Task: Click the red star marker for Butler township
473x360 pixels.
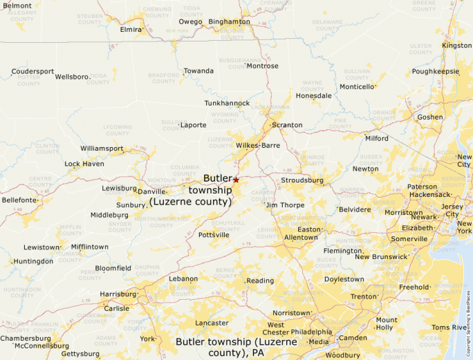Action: pyautogui.click(x=236, y=180)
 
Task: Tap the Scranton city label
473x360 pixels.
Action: pyautogui.click(x=287, y=125)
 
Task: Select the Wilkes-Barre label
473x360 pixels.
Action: pyautogui.click(x=258, y=146)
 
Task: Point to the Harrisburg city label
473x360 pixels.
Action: pyautogui.click(x=118, y=294)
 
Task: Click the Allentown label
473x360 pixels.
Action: pyautogui.click(x=301, y=237)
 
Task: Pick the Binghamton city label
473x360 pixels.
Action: pyautogui.click(x=229, y=21)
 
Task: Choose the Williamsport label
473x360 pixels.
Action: pyautogui.click(x=102, y=149)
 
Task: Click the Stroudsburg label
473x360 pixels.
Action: pyautogui.click(x=302, y=180)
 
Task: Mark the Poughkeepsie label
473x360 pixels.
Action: pyautogui.click(x=435, y=71)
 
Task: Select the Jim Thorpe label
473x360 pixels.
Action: pyautogui.click(x=285, y=205)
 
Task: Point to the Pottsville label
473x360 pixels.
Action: pyautogui.click(x=214, y=235)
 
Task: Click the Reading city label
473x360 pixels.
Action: pyautogui.click(x=261, y=281)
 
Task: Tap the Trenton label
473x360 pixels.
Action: pyautogui.click(x=364, y=296)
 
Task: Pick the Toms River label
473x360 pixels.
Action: pyautogui.click(x=449, y=327)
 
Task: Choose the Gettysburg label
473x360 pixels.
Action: pyautogui.click(x=80, y=353)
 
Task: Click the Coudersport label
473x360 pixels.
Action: pyautogui.click(x=33, y=71)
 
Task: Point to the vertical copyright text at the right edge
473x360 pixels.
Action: pyautogui.click(x=468, y=317)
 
